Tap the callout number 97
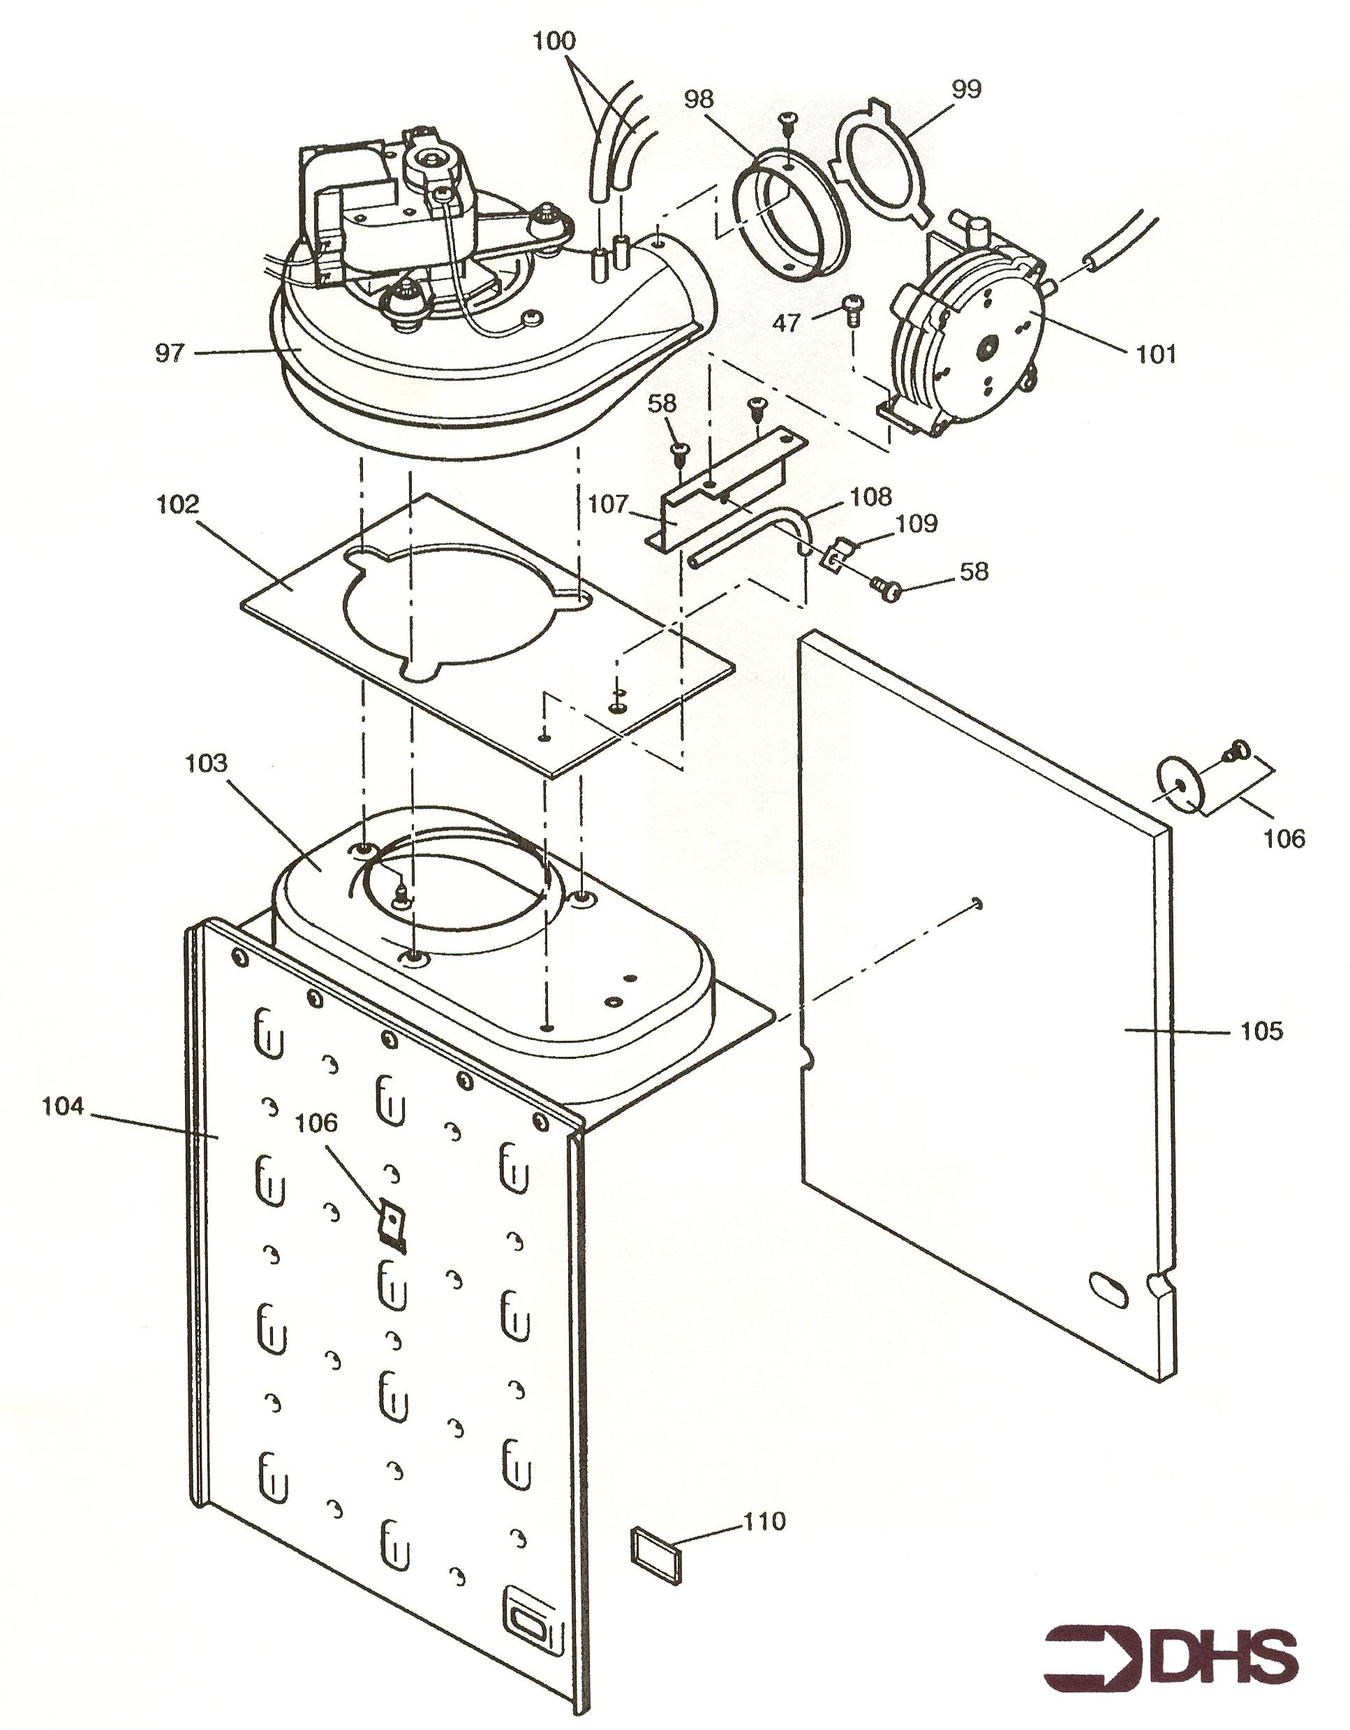170,353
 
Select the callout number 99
965,89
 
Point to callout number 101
1156,354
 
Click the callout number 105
1261,1031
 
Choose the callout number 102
177,504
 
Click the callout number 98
699,99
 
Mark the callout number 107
608,504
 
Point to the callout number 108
871,496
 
